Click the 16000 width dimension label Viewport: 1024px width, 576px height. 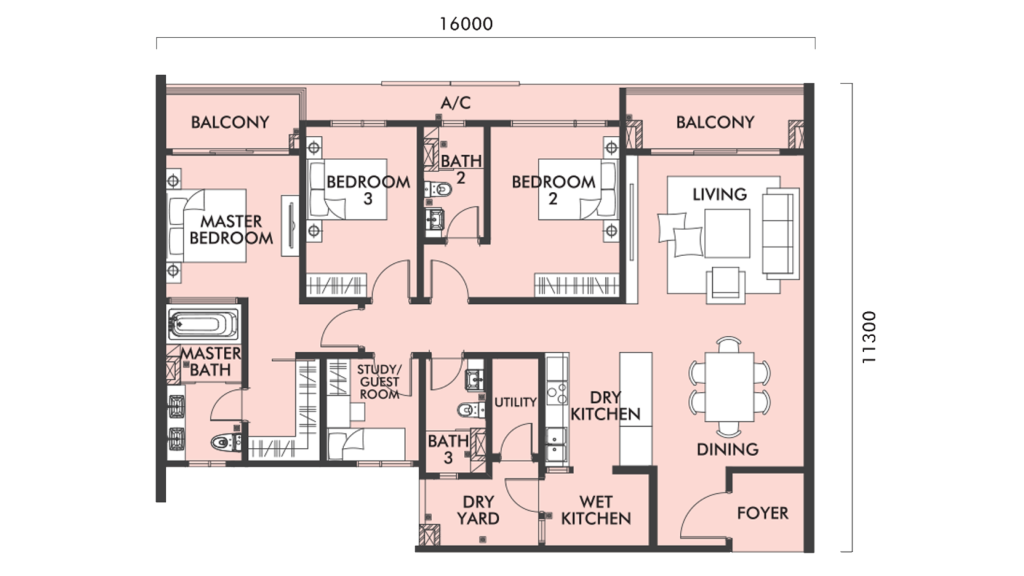tap(466, 24)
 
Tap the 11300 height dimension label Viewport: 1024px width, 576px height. tap(869, 337)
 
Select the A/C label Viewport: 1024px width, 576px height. tap(455, 103)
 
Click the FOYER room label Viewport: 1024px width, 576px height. tap(762, 513)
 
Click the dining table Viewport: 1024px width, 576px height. tap(729, 387)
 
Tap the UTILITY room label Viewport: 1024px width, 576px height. tap(515, 402)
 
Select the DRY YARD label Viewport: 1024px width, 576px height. tap(478, 510)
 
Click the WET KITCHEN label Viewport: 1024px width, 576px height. tap(595, 510)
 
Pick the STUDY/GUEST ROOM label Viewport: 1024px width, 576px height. tap(379, 382)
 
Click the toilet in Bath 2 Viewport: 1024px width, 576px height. tap(439, 189)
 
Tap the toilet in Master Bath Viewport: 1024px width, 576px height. tap(225, 441)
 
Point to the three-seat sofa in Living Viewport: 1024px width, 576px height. tap(779, 233)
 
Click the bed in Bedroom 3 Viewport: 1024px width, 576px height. tap(348, 189)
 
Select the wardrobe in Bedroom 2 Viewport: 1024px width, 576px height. tap(576, 285)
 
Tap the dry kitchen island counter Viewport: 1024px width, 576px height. tap(635, 408)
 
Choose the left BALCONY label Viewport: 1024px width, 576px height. tap(229, 122)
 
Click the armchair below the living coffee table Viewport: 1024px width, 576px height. tap(725, 283)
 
